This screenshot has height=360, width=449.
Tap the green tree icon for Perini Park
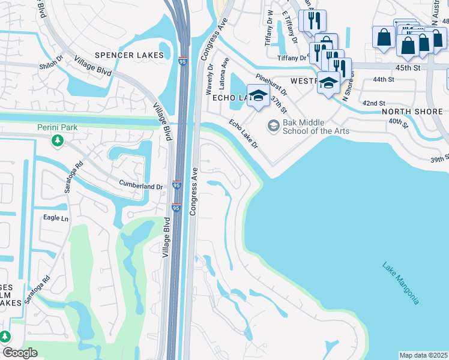click(x=57, y=140)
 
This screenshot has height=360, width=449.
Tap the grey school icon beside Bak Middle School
click(x=274, y=125)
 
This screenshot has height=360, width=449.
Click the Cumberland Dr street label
click(x=140, y=186)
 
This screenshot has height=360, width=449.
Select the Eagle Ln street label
click(x=55, y=218)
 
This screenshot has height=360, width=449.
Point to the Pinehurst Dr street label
click(x=271, y=85)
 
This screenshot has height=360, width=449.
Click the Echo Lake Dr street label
click(x=243, y=134)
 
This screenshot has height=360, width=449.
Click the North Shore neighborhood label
click(x=412, y=112)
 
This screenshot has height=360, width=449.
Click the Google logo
click(x=20, y=352)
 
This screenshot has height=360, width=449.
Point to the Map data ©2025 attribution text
click(x=423, y=355)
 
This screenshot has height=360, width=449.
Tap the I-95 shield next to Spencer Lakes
click(x=182, y=61)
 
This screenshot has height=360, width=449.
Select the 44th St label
click(x=382, y=79)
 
